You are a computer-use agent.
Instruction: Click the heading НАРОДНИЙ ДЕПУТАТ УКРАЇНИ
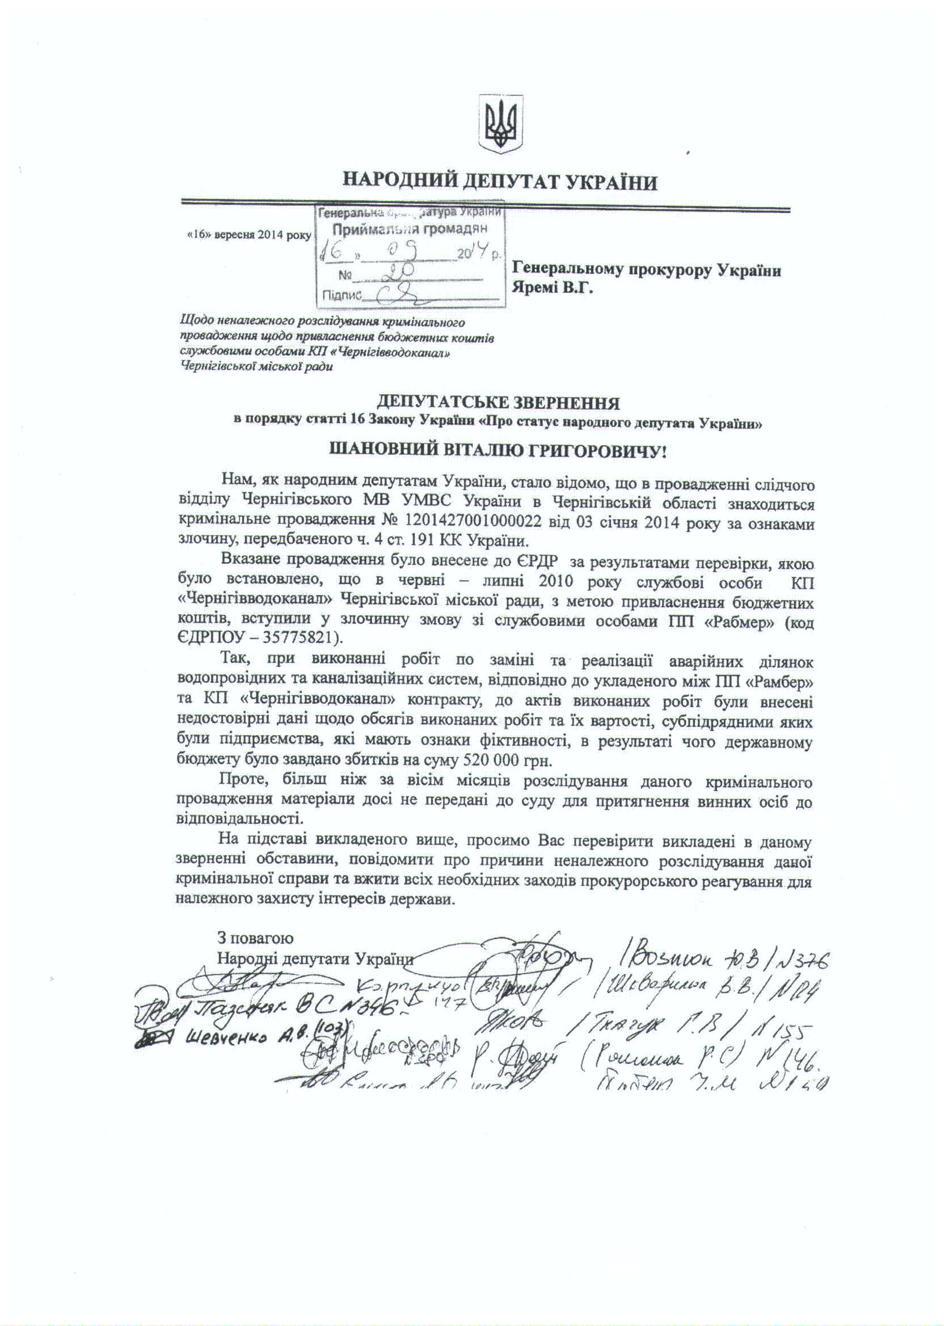[499, 182]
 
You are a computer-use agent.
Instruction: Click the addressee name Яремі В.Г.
[551, 288]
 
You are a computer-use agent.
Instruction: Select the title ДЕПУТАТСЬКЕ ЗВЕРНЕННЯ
[499, 402]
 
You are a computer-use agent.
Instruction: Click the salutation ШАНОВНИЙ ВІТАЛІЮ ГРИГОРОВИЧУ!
[499, 450]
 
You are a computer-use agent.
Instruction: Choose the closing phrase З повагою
[255, 938]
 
